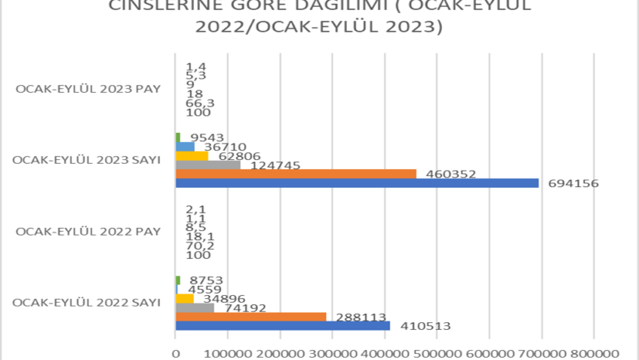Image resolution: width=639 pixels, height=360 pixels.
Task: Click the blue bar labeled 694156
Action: [x=356, y=183]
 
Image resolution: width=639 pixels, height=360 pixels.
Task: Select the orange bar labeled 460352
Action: [x=295, y=174]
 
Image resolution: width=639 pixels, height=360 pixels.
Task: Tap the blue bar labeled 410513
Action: [x=282, y=326]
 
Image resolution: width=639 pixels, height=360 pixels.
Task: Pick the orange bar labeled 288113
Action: [x=250, y=317]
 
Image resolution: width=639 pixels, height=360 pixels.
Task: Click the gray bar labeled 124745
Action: [x=207, y=165]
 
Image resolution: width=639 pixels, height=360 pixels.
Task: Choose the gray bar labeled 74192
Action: [x=195, y=308]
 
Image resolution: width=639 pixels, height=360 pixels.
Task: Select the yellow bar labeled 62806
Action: [x=192, y=156]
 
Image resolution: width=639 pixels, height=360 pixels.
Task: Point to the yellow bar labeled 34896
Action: [x=184, y=299]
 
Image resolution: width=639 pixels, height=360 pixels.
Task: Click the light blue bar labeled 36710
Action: [x=185, y=147]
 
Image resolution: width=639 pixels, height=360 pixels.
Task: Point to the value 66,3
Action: [x=199, y=103]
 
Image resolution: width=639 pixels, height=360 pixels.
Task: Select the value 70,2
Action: [x=199, y=245]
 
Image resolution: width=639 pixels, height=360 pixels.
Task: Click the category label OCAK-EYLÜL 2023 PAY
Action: [x=88, y=89]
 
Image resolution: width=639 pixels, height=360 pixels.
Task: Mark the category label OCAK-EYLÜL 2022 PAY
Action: [x=88, y=232]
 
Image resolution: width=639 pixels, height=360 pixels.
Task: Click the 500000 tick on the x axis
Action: [x=437, y=352]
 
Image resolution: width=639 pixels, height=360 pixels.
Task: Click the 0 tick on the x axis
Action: [x=176, y=352]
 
